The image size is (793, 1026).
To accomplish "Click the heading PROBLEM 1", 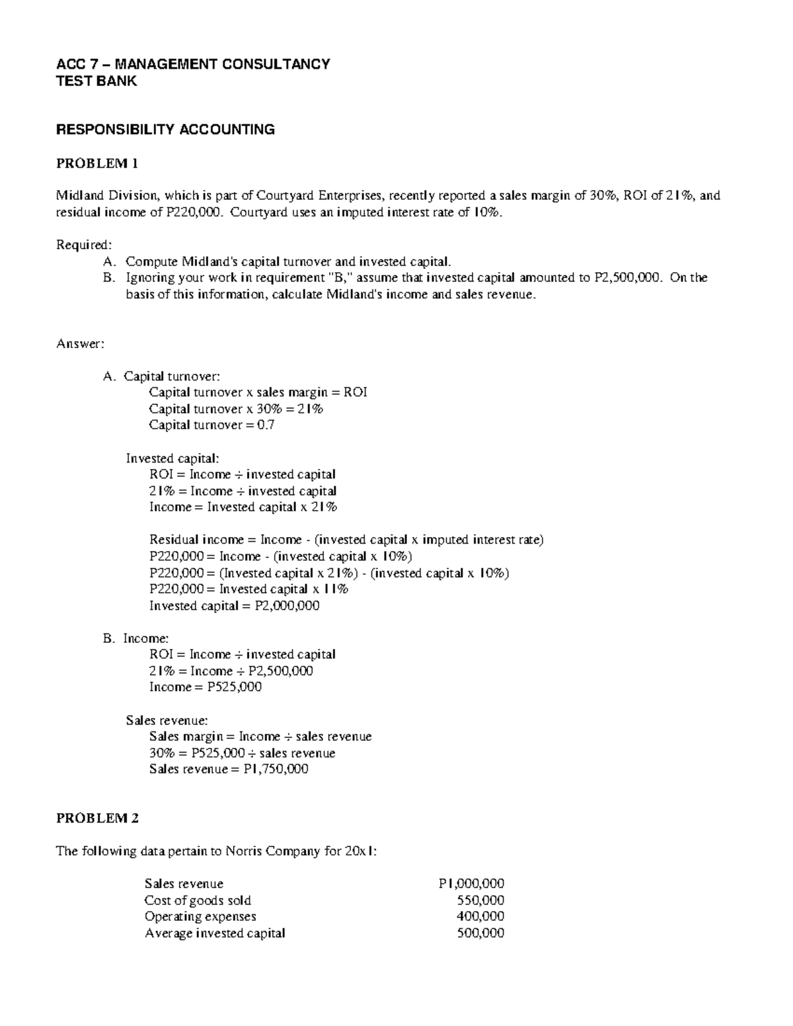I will tap(97, 163).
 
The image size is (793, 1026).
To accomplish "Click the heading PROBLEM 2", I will tap(97, 819).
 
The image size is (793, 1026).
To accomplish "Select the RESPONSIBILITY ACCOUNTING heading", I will tap(165, 129).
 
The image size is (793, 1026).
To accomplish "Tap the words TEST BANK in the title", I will tap(96, 81).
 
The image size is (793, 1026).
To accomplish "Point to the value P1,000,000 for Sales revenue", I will tap(471, 884).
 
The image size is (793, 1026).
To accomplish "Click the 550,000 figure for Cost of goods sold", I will tap(480, 900).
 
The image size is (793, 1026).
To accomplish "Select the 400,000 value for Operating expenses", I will tap(480, 916).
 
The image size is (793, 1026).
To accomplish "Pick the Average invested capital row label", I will tap(215, 933).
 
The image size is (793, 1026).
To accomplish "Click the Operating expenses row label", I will tap(200, 916).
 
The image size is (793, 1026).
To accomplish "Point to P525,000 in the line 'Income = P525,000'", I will tap(234, 687).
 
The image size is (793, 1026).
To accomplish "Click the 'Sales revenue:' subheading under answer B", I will tap(167, 720).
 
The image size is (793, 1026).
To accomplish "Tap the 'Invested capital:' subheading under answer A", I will tap(172, 458).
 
